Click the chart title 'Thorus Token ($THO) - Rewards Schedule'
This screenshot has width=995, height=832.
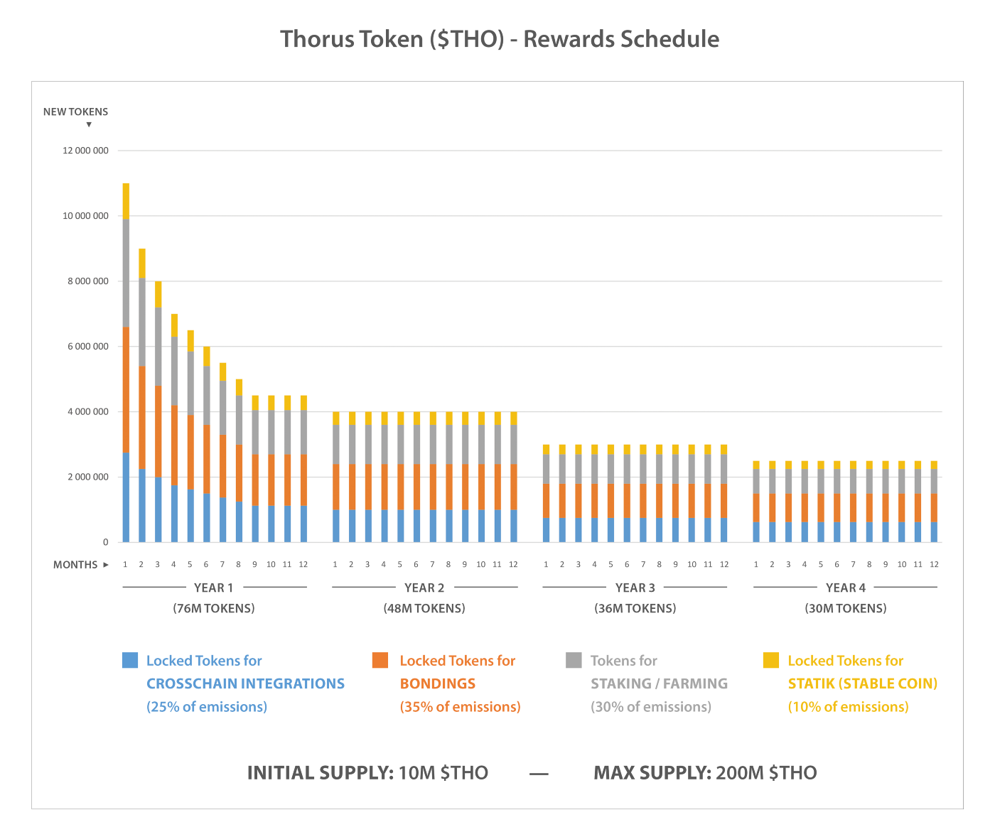coord(499,39)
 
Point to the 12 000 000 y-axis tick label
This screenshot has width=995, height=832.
coord(85,151)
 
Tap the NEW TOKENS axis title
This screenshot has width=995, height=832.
coord(75,112)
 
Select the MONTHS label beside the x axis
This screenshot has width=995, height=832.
coord(75,565)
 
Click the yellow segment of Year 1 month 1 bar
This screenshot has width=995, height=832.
coord(126,201)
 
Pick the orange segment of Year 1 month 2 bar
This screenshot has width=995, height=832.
coord(142,417)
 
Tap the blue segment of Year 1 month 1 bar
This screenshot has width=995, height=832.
coord(126,497)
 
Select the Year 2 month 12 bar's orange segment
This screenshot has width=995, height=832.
coord(513,487)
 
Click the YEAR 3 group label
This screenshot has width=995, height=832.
coord(635,588)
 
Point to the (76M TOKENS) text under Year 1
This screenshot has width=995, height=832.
coord(214,608)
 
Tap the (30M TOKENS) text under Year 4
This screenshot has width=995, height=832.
coord(846,608)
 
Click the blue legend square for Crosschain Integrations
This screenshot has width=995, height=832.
coord(130,660)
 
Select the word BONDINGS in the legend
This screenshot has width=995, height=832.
coord(438,684)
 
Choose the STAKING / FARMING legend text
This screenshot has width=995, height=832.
coord(659,684)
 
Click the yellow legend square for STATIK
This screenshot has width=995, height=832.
coord(771,660)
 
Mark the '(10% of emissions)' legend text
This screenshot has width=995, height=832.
coord(848,707)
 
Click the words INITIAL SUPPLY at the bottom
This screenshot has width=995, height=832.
coord(320,773)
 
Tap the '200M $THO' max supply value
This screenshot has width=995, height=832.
coord(766,773)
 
